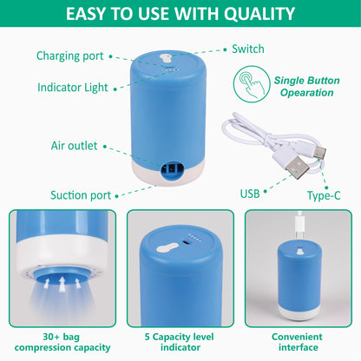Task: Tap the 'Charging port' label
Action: point(70,56)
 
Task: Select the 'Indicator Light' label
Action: point(72,87)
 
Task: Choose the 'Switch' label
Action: point(248,49)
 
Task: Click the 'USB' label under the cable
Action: point(249,192)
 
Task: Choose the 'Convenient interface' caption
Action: point(297,342)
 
